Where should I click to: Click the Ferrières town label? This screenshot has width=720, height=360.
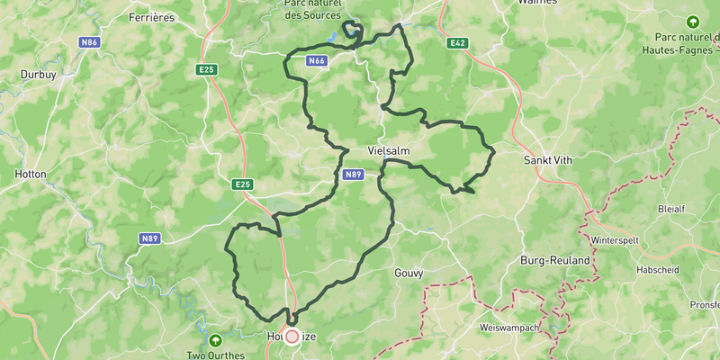coord(151,17)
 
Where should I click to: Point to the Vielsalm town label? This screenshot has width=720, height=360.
coord(390,150)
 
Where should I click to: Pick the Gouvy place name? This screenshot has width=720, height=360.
coord(409,272)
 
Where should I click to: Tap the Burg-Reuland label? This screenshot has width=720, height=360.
coord(554,260)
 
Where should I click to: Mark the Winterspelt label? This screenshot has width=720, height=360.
coord(620,241)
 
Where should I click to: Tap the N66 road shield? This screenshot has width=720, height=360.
coord(315,61)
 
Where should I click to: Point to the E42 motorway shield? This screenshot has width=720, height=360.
coord(456,42)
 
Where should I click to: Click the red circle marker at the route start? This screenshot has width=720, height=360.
coord(292,336)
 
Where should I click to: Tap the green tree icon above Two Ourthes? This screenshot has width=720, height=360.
coord(215,340)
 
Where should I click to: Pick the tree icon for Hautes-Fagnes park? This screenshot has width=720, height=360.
coord(692,21)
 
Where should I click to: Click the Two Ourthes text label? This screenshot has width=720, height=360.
coord(215,355)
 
